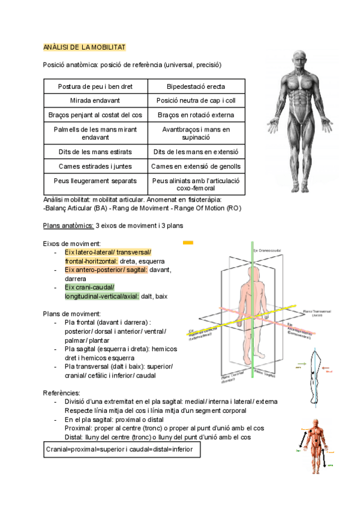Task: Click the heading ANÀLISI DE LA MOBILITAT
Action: pyautogui.click(x=85, y=47)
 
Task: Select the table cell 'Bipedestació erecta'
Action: pyautogui.click(x=196, y=86)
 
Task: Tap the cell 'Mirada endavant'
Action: pyautogui.click(x=95, y=101)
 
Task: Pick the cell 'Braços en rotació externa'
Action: pyautogui.click(x=196, y=115)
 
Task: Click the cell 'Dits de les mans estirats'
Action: pyautogui.click(x=95, y=152)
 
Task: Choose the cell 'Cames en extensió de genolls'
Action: pyautogui.click(x=196, y=166)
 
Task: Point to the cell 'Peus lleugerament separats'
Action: pyautogui.click(x=95, y=180)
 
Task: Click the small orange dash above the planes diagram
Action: pyautogui.click(x=188, y=242)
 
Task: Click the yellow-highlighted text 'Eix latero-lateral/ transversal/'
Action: pyautogui.click(x=108, y=252)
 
